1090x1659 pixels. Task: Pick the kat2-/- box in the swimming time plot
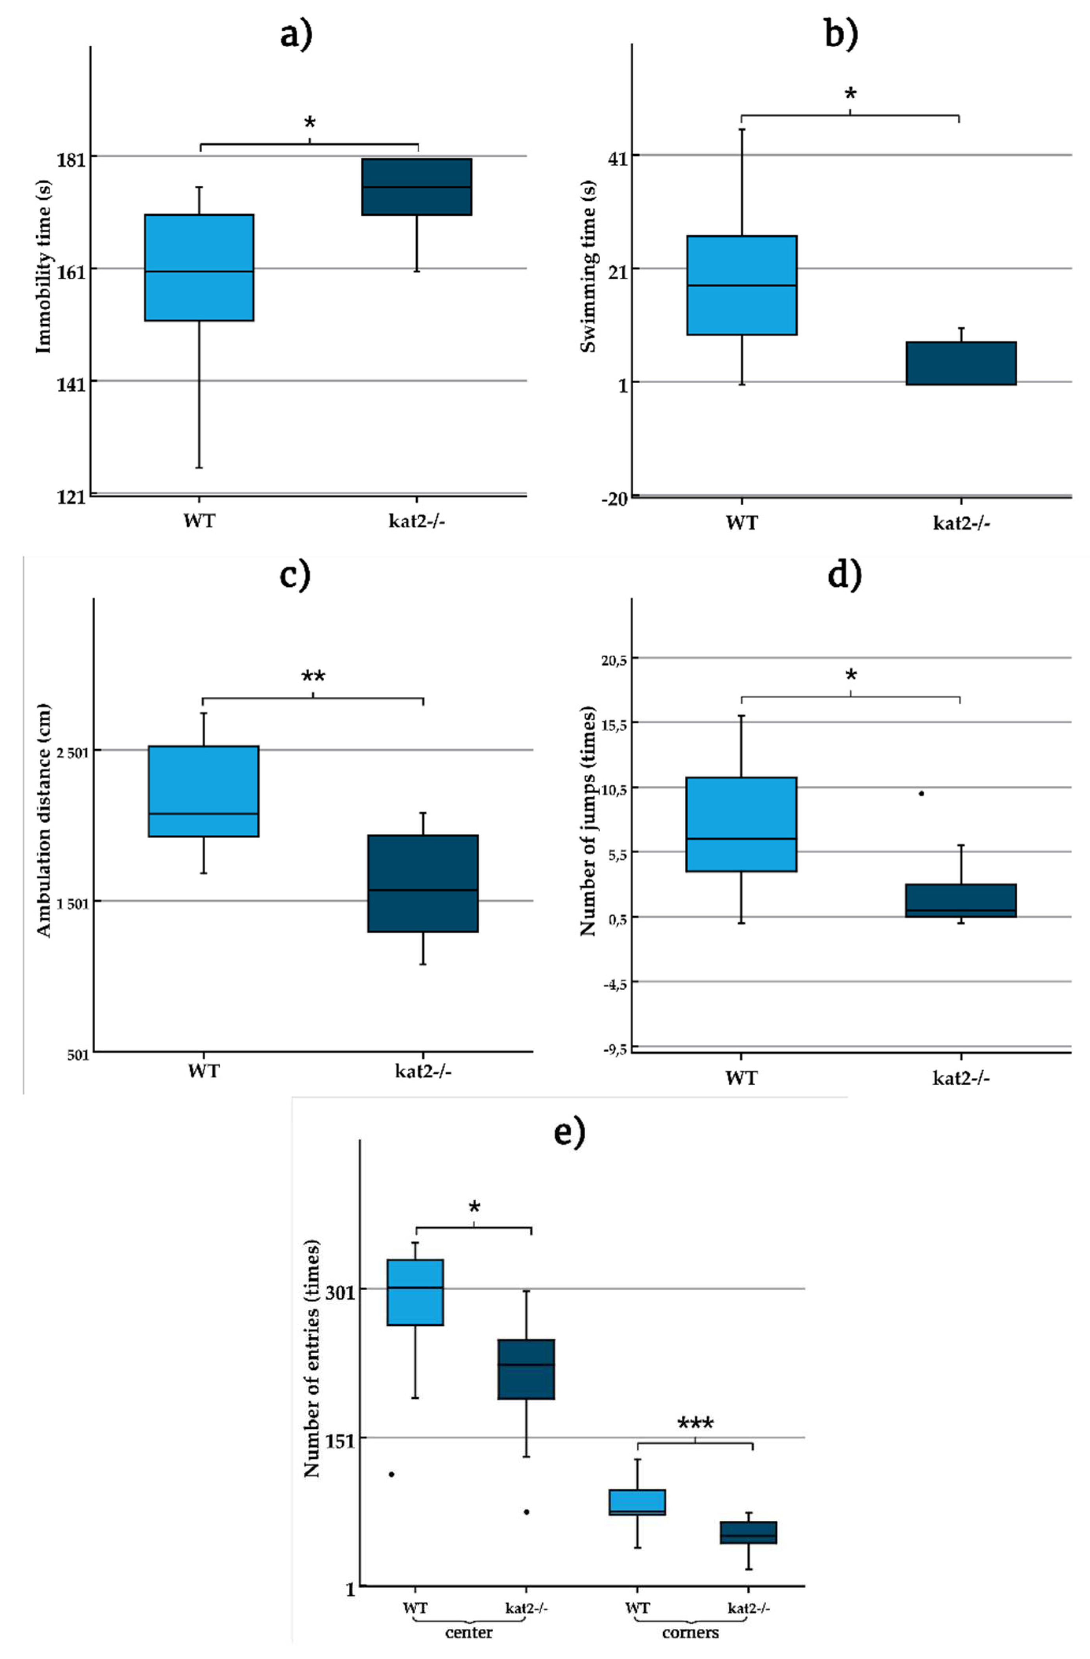960,363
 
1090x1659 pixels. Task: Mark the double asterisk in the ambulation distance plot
313,677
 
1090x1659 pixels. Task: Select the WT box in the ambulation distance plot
203,791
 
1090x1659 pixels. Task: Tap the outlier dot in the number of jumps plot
921,793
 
